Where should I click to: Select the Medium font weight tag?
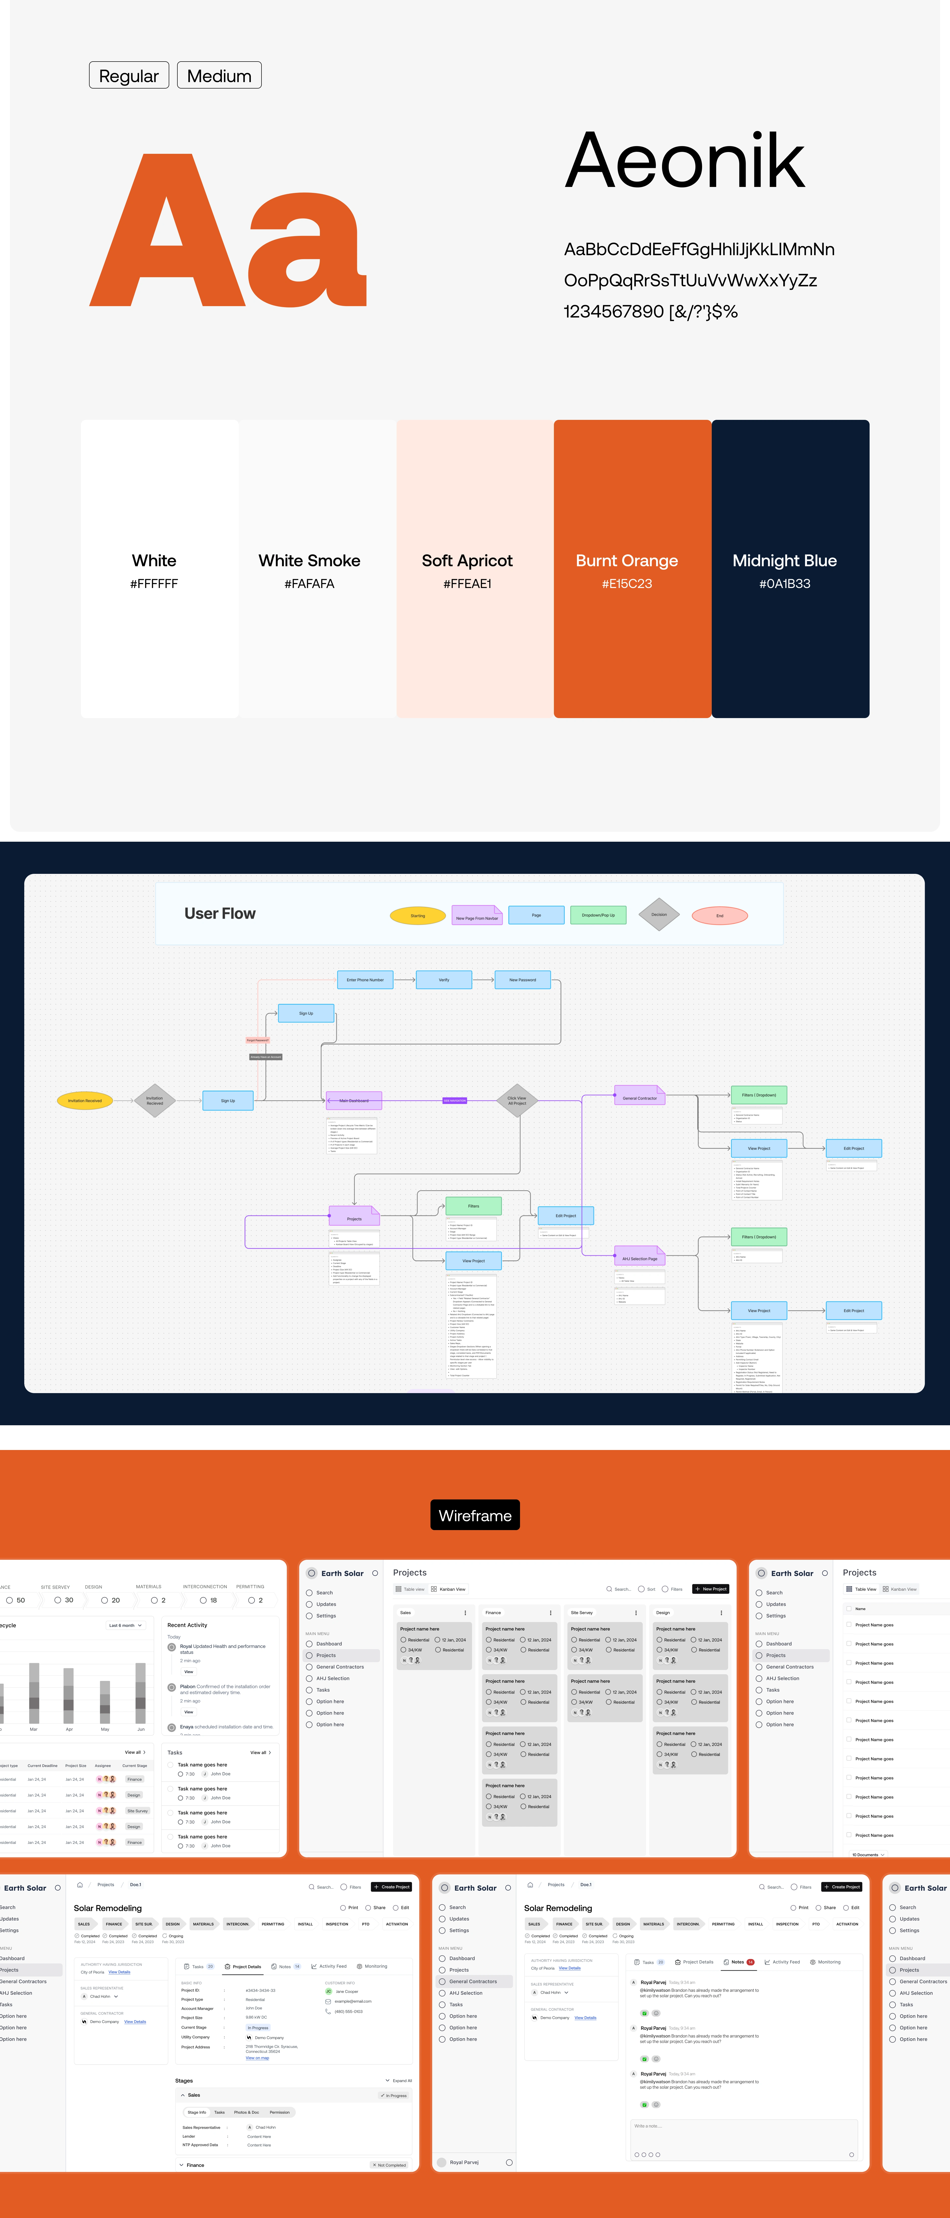coord(219,76)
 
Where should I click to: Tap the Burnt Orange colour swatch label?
coord(626,561)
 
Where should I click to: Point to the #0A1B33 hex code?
coord(784,584)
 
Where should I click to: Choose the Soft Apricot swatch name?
coord(467,561)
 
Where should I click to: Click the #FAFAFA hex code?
coord(309,584)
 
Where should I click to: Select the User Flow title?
coord(220,914)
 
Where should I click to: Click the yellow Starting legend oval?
coord(418,915)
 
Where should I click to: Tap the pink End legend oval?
coord(720,915)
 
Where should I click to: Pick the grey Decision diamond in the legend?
coord(659,914)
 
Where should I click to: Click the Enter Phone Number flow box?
coord(365,980)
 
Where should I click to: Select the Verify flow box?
coord(444,980)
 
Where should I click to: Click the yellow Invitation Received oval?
coord(84,1100)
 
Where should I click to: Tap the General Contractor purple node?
coord(639,1098)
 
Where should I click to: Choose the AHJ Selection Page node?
coord(639,1258)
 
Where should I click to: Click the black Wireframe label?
coord(475,1516)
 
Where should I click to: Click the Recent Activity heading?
coord(187,1625)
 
